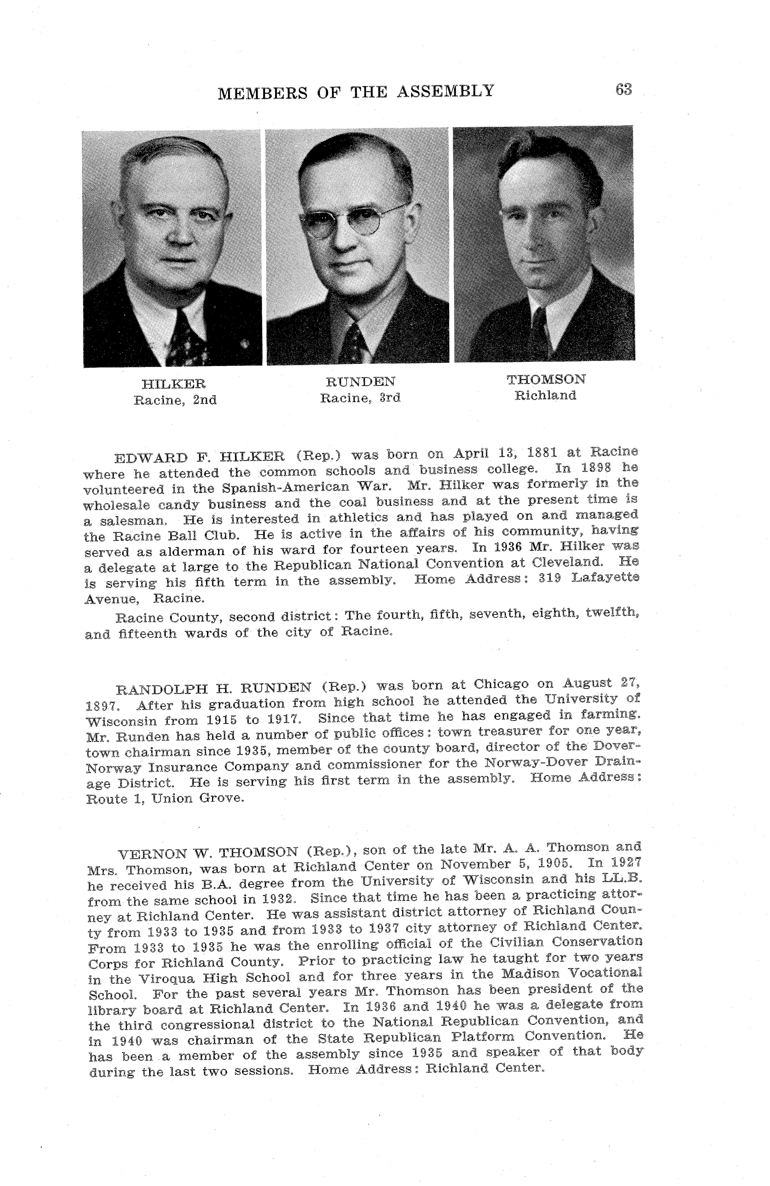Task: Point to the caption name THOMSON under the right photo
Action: pyautogui.click(x=546, y=379)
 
